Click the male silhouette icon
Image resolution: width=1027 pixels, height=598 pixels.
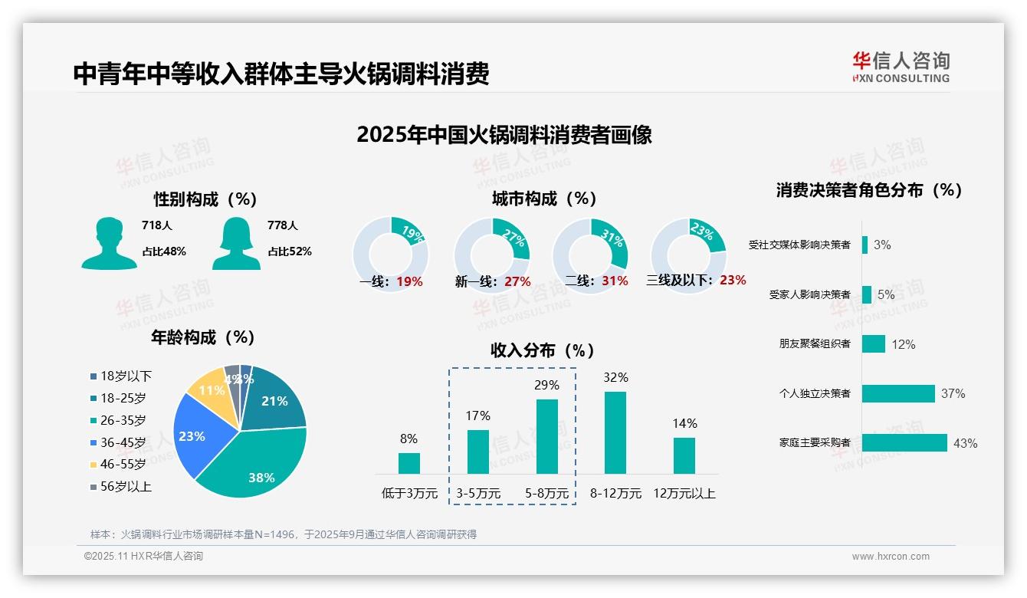[109, 243]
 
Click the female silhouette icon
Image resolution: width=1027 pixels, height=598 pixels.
[236, 243]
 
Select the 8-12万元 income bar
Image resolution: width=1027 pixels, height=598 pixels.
[615, 432]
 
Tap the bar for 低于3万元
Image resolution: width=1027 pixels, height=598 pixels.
[409, 463]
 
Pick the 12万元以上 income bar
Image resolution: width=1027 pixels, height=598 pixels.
[684, 455]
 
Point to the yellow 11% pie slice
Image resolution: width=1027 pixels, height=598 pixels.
[208, 389]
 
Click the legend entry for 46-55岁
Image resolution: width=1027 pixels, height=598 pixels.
[122, 464]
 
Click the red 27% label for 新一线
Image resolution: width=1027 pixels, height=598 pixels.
[517, 281]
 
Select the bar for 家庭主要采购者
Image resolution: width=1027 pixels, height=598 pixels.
[904, 443]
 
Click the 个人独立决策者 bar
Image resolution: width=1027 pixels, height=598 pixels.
[898, 393]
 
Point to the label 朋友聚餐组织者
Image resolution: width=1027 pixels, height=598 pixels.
[814, 344]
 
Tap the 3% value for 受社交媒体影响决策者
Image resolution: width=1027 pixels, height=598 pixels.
[882, 245]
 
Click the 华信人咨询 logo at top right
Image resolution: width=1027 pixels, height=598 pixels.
[901, 67]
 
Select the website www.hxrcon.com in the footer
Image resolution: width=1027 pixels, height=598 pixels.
[891, 557]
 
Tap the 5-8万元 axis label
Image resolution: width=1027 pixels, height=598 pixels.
[546, 494]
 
